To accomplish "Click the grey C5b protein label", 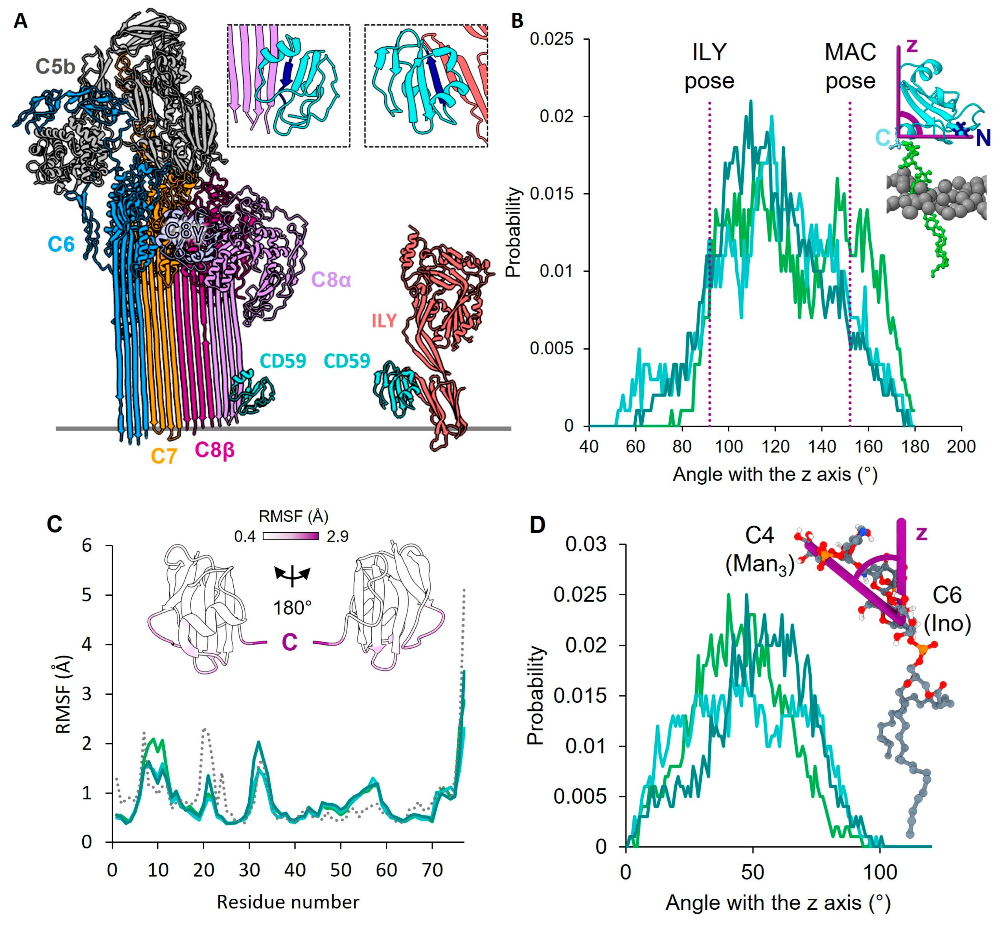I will pos(55,67).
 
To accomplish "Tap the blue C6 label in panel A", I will pos(61,244).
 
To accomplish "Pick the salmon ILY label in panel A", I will pos(384,321).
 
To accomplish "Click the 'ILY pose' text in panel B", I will pos(709,66).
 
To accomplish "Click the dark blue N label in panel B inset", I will pos(983,138).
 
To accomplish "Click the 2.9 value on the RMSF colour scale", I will pos(337,537).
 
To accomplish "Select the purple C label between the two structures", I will pos(289,642).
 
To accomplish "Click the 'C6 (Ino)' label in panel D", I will pos(947,609).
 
